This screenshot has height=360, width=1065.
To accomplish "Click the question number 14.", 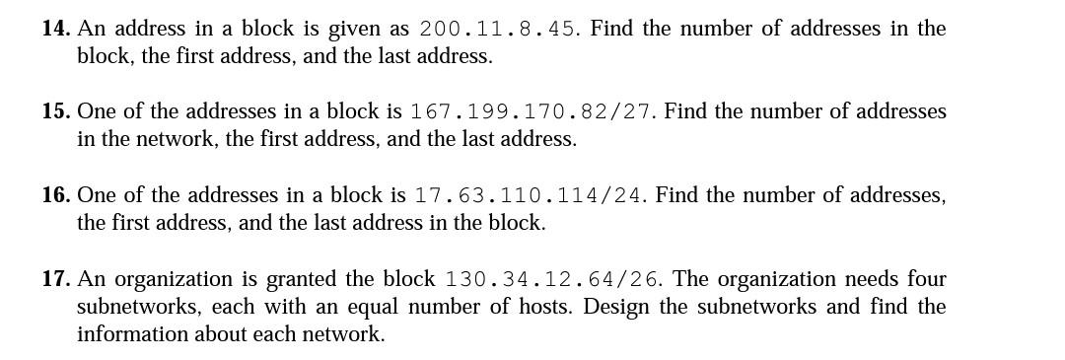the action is coord(55,29).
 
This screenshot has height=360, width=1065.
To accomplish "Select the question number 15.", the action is coord(55,111).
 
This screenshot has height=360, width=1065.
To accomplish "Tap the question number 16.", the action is coord(55,195).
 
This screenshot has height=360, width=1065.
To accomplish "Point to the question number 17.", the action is coord(55,279).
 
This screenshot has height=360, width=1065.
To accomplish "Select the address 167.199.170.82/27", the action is coord(532,111).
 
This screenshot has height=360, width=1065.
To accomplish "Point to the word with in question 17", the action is coord(286,307).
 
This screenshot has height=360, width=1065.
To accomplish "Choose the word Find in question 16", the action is coord(677,195).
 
